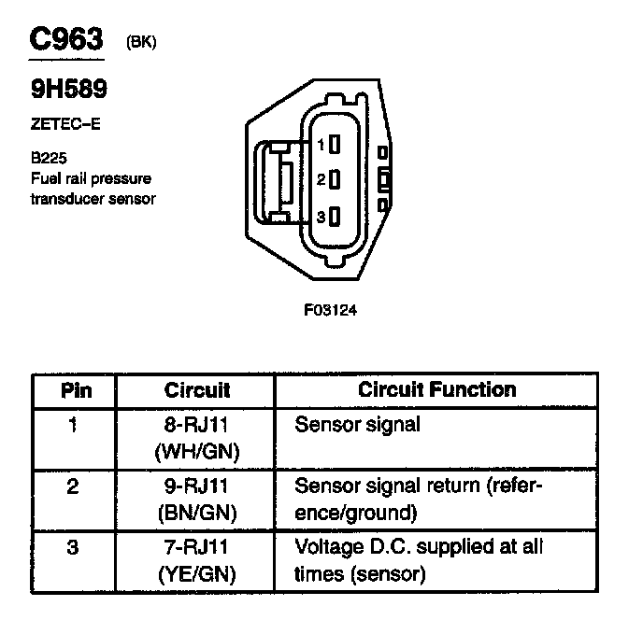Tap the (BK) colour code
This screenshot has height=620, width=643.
pyautogui.click(x=139, y=43)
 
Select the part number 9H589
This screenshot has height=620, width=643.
pyautogui.click(x=69, y=90)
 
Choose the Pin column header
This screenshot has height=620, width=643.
pyautogui.click(x=76, y=389)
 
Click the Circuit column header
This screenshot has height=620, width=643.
pyautogui.click(x=196, y=389)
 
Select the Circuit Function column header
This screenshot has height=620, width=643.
pyautogui.click(x=436, y=389)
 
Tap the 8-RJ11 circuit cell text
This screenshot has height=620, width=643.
pyautogui.click(x=196, y=425)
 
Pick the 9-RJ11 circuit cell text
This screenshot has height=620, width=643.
pyautogui.click(x=196, y=486)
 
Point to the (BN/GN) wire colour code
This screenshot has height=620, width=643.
pyautogui.click(x=196, y=513)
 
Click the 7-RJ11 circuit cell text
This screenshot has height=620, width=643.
pyautogui.click(x=196, y=546)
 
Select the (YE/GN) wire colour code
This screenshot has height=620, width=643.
pyautogui.click(x=196, y=573)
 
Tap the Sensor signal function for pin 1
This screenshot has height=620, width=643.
pyautogui.click(x=357, y=425)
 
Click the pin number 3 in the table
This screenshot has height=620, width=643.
pyautogui.click(x=74, y=546)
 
